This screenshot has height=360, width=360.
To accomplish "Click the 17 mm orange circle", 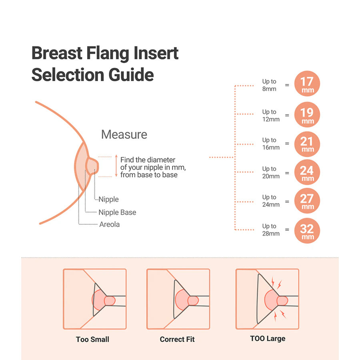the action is point(307,84).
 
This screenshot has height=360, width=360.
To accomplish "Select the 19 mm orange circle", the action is point(307,114).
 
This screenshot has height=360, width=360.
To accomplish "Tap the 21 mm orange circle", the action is point(307,144).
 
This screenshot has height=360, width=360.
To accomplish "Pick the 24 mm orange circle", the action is point(307,172).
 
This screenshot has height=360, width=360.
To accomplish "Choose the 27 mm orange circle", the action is point(307,201).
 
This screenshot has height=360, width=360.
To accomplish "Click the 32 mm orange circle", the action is point(307,230).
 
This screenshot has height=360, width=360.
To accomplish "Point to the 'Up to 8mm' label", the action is point(269,85).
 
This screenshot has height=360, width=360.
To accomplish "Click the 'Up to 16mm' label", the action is point(271,144).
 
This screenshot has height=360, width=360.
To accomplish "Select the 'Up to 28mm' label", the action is point(271,230).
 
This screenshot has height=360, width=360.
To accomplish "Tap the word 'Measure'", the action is point(124,134).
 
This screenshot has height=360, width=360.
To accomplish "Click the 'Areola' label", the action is point(110,224).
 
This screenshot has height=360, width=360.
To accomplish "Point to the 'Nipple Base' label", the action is point(117,212).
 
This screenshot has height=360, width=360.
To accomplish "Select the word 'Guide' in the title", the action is point(131,75).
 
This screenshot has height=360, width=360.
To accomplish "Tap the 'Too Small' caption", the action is point(92,339).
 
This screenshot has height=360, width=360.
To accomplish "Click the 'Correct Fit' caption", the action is point(177,339).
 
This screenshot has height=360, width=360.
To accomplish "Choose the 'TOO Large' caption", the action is point(268,339).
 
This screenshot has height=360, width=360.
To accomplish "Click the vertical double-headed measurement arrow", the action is point(116,166).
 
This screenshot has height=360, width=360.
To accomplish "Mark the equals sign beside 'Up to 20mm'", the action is point(287,173).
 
